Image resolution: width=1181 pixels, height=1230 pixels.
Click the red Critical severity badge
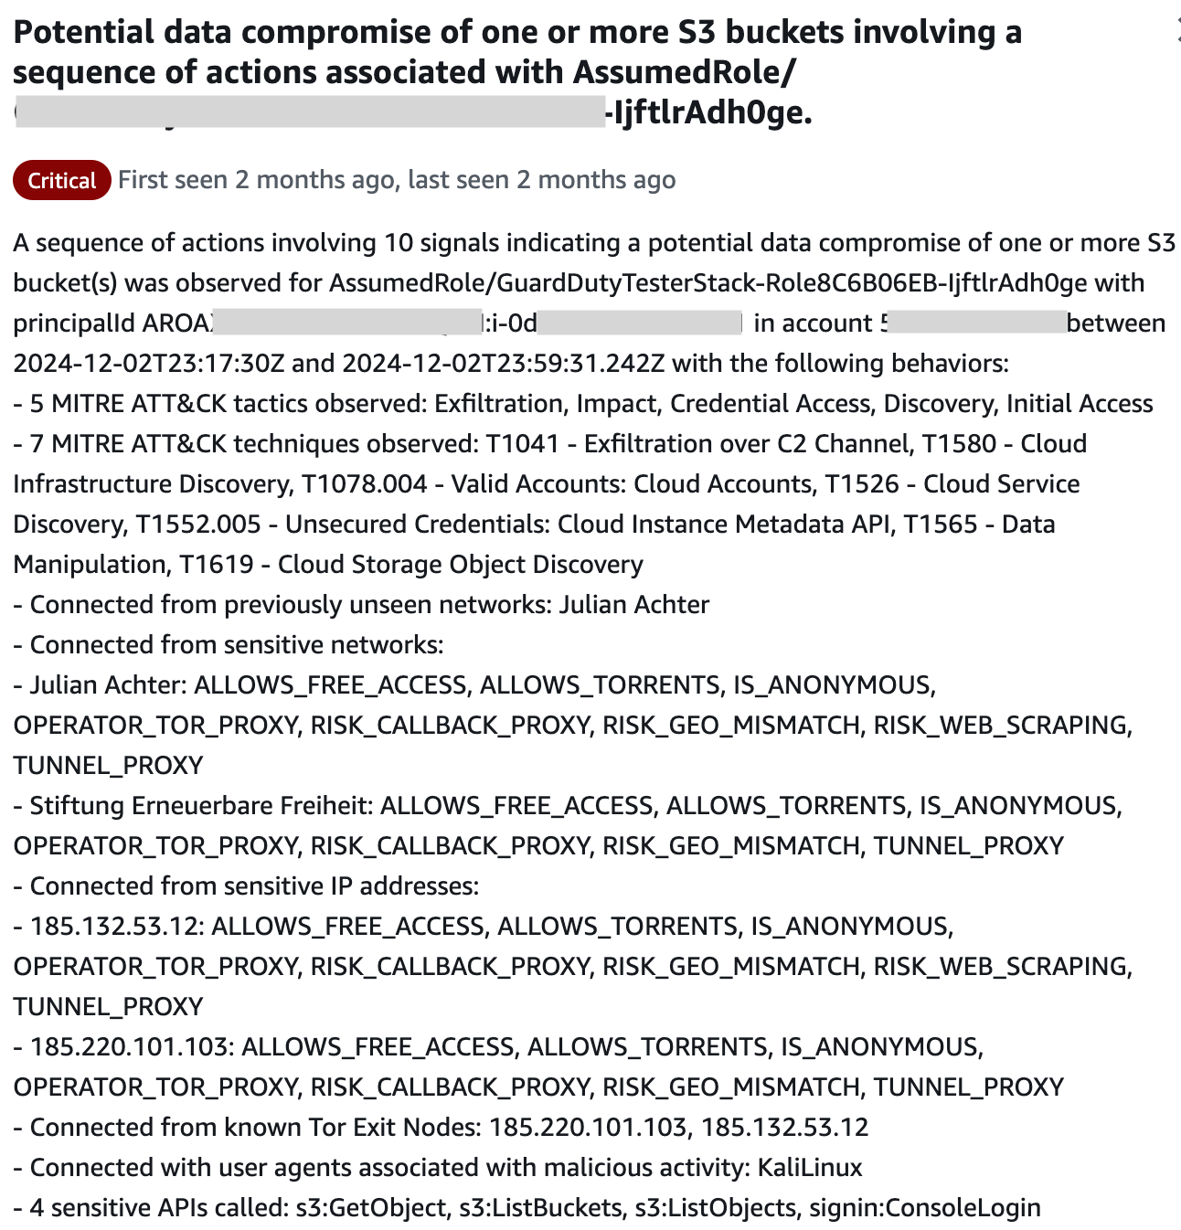pos(61,181)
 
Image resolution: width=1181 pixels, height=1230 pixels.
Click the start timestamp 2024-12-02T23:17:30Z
pos(149,364)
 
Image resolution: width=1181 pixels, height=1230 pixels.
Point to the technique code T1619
pos(217,565)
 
